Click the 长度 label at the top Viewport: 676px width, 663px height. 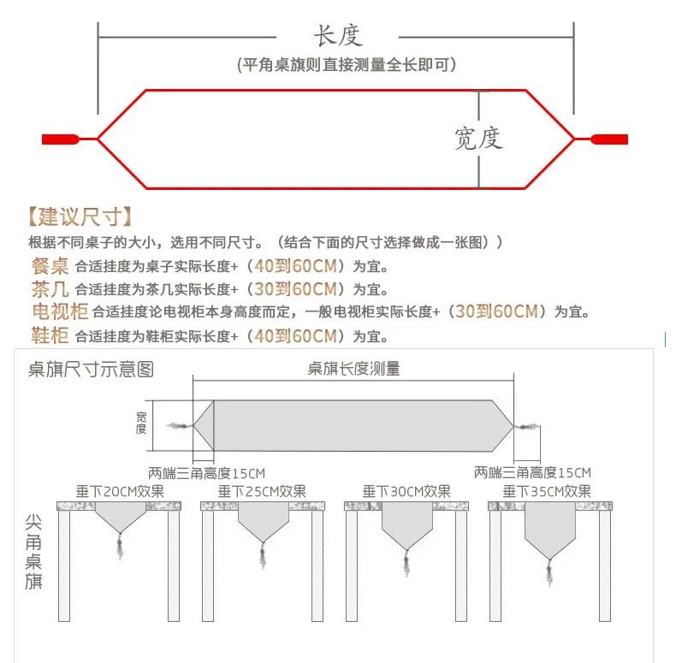click(x=339, y=36)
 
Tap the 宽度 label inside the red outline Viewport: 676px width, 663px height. click(x=478, y=139)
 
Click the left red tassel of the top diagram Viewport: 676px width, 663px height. click(x=61, y=139)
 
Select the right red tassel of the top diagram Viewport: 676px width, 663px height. click(x=609, y=139)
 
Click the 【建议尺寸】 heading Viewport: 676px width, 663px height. click(x=80, y=216)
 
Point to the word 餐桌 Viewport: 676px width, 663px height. click(x=50, y=266)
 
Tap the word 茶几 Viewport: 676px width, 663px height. click(x=50, y=289)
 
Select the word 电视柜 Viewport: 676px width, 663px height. click(x=60, y=311)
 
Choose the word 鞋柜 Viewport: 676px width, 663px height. click(x=50, y=335)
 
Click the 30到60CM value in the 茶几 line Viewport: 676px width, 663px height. click(x=295, y=289)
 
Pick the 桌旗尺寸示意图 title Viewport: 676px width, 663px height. click(x=91, y=370)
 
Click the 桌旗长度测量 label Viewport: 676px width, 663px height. click(x=353, y=369)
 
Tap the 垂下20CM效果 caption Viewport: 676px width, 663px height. click(x=120, y=491)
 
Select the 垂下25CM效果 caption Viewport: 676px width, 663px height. click(x=262, y=491)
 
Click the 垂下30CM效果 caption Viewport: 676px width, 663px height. click(x=406, y=491)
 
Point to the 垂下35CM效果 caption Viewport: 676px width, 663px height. click(x=547, y=491)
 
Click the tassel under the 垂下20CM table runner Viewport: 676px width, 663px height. click(x=120, y=546)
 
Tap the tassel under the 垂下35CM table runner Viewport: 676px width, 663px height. click(x=549, y=572)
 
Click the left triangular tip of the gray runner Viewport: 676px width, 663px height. click(x=193, y=426)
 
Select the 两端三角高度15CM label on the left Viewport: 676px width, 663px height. click(x=206, y=473)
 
